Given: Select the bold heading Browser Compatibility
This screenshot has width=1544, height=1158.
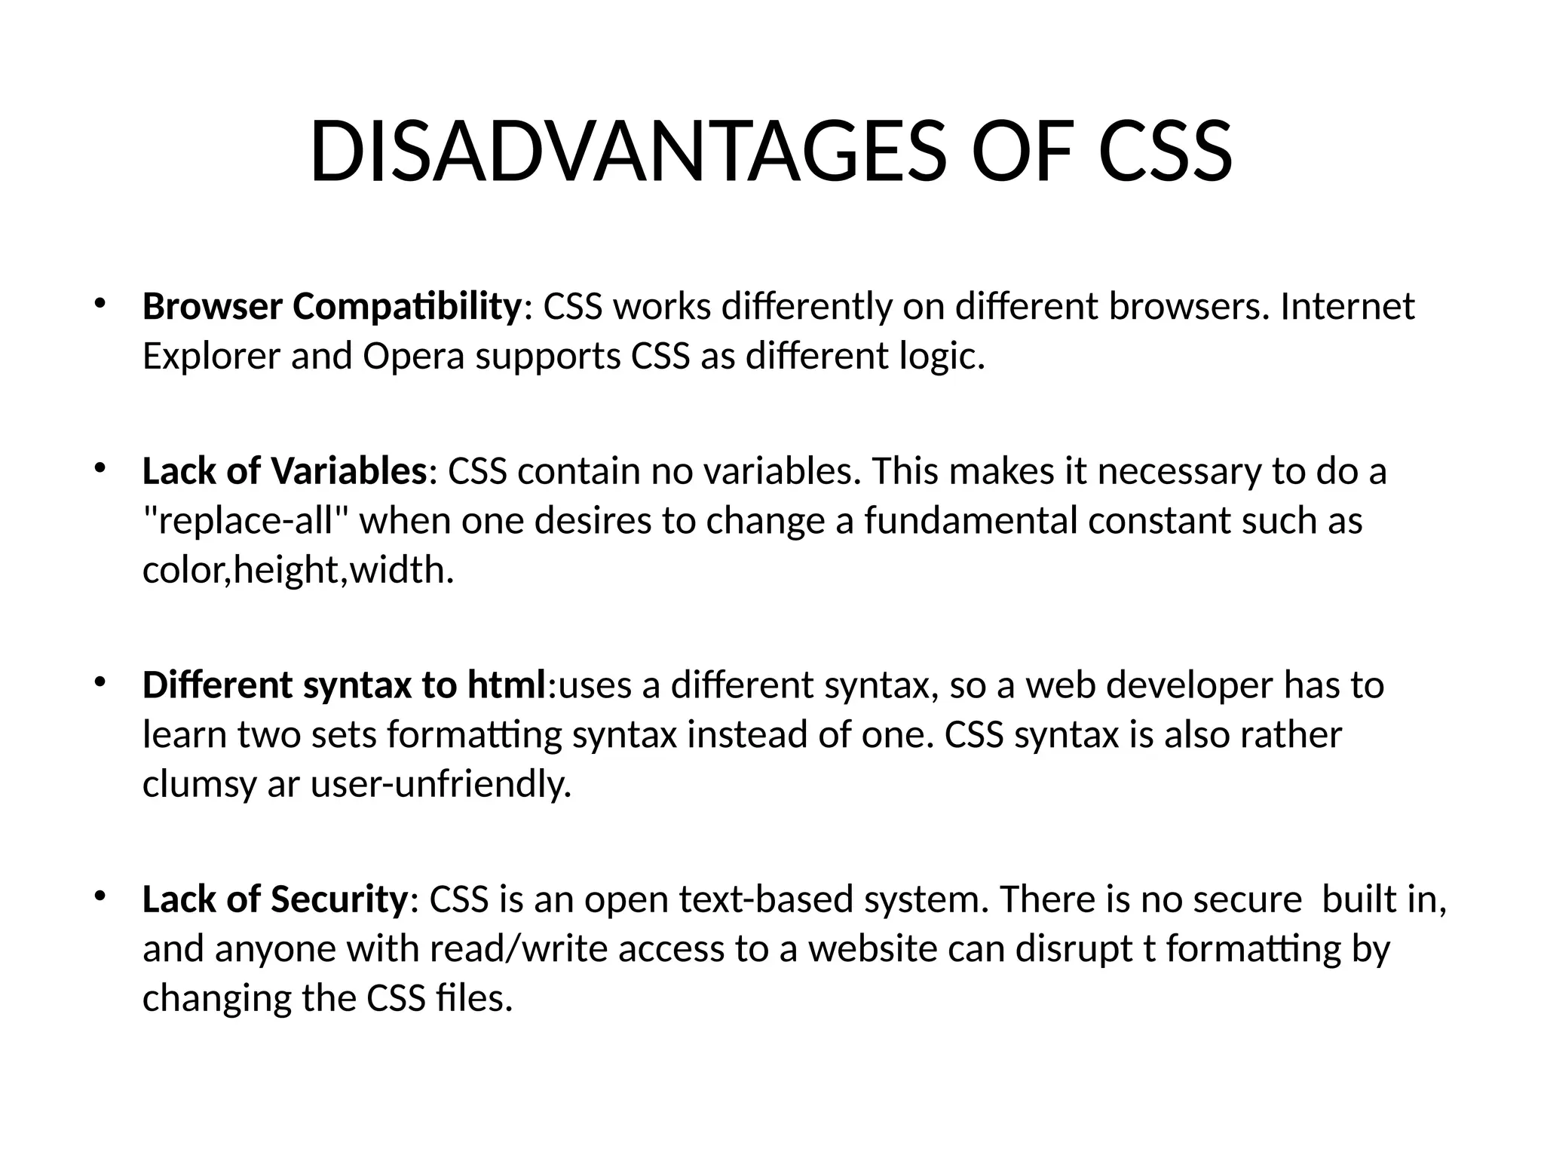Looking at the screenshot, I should (x=332, y=307).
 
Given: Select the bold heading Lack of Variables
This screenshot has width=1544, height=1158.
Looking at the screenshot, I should (x=285, y=471).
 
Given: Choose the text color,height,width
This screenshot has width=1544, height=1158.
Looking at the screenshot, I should (x=299, y=571).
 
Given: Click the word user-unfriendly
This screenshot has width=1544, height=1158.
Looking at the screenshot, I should (x=441, y=785).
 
